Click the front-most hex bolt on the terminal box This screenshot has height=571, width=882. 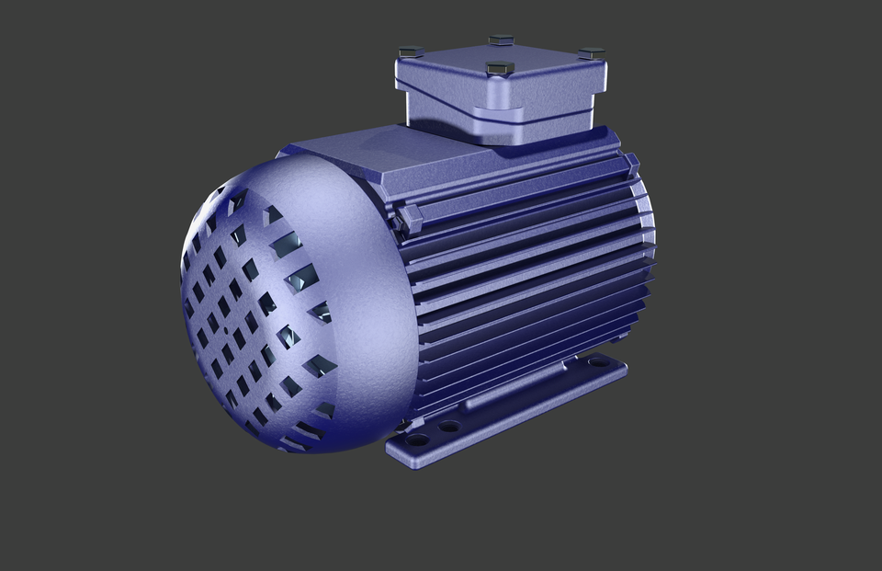click(499, 68)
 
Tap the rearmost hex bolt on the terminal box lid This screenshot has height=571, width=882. click(501, 40)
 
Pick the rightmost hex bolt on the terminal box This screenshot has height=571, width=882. click(592, 53)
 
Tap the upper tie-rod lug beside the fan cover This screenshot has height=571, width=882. click(409, 219)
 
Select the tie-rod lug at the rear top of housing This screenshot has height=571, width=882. click(631, 164)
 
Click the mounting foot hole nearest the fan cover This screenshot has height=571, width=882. click(418, 440)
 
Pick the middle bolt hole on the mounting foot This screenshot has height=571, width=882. click(449, 426)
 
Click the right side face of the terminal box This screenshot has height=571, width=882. click(551, 101)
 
